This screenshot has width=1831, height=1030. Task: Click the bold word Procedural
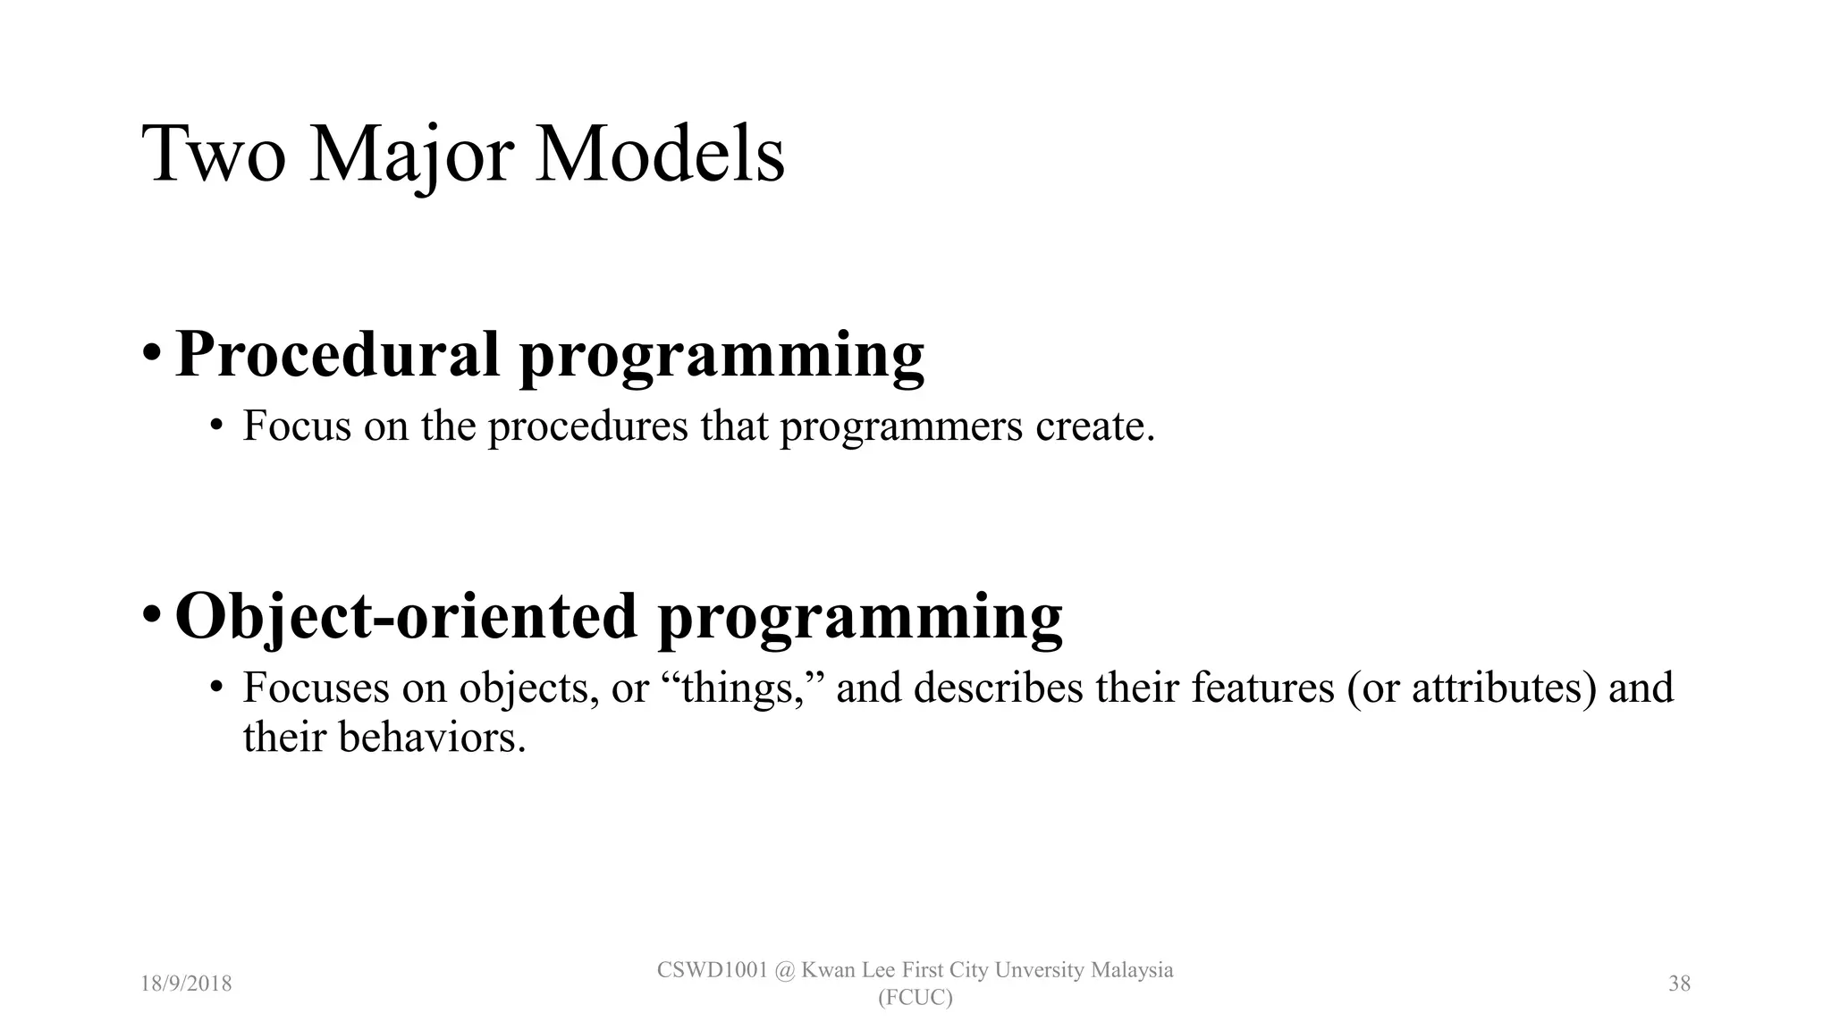click(337, 354)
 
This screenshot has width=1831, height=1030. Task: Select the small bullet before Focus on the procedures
click(215, 426)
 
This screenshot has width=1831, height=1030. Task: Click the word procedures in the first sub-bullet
click(587, 426)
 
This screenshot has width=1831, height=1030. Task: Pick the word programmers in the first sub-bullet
click(900, 426)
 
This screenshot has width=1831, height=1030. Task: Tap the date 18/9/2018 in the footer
click(186, 984)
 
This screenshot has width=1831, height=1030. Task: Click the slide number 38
click(1679, 984)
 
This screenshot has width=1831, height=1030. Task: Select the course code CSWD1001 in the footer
click(712, 970)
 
